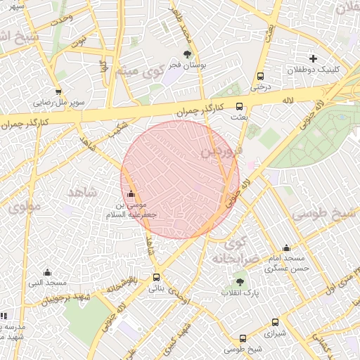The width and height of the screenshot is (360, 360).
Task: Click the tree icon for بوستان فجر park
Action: [x=187, y=53]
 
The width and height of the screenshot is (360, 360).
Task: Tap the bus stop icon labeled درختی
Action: [x=261, y=76]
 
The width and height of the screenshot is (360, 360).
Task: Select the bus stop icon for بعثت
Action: [x=240, y=107]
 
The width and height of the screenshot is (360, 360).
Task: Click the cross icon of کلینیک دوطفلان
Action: [x=313, y=58]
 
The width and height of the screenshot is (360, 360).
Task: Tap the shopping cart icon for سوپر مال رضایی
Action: [x=58, y=91]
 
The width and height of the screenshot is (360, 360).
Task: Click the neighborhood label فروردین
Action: [x=221, y=150]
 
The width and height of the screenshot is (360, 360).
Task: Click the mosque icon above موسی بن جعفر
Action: [x=131, y=193]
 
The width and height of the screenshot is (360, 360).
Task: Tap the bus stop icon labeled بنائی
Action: [x=156, y=277]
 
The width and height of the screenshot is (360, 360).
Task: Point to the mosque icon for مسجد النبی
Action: [x=47, y=272]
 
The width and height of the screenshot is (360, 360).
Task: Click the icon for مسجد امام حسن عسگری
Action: [x=286, y=247]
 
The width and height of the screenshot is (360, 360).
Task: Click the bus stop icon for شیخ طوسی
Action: [x=243, y=338]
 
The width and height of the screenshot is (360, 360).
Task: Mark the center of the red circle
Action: [x=180, y=179]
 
